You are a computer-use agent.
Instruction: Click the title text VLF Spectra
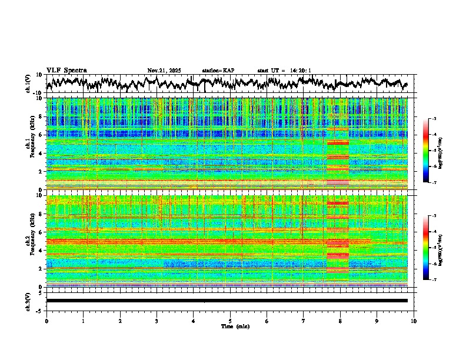click(66, 71)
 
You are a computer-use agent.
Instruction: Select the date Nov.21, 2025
click(165, 71)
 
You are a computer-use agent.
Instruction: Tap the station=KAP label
click(218, 71)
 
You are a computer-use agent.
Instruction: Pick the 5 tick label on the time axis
click(230, 321)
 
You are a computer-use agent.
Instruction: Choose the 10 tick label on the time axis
click(414, 321)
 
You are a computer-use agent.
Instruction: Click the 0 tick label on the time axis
click(46, 321)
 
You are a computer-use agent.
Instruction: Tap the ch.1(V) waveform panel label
click(28, 84)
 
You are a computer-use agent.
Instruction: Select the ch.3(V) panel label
click(28, 300)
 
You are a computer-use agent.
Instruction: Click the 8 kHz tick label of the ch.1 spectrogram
click(40, 116)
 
